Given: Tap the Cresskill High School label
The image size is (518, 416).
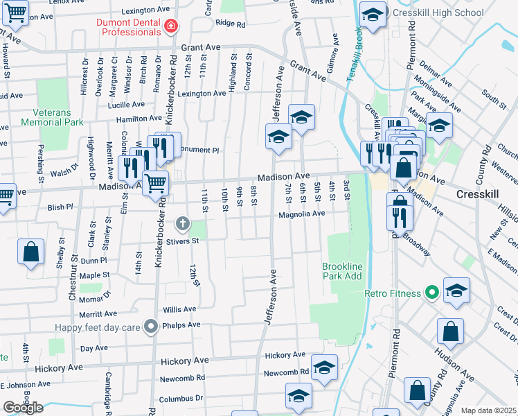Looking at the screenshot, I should point(438,12).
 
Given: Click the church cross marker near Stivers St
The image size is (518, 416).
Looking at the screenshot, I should point(183,223).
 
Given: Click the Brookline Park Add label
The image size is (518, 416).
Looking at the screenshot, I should point(342,271).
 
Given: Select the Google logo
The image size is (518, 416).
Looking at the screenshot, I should point(23,408).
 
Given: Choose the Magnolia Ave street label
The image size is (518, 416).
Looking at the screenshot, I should point(301,214).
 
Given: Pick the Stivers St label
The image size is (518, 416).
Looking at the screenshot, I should point(181,241).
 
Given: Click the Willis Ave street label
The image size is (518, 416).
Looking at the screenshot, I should point(179,309).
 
